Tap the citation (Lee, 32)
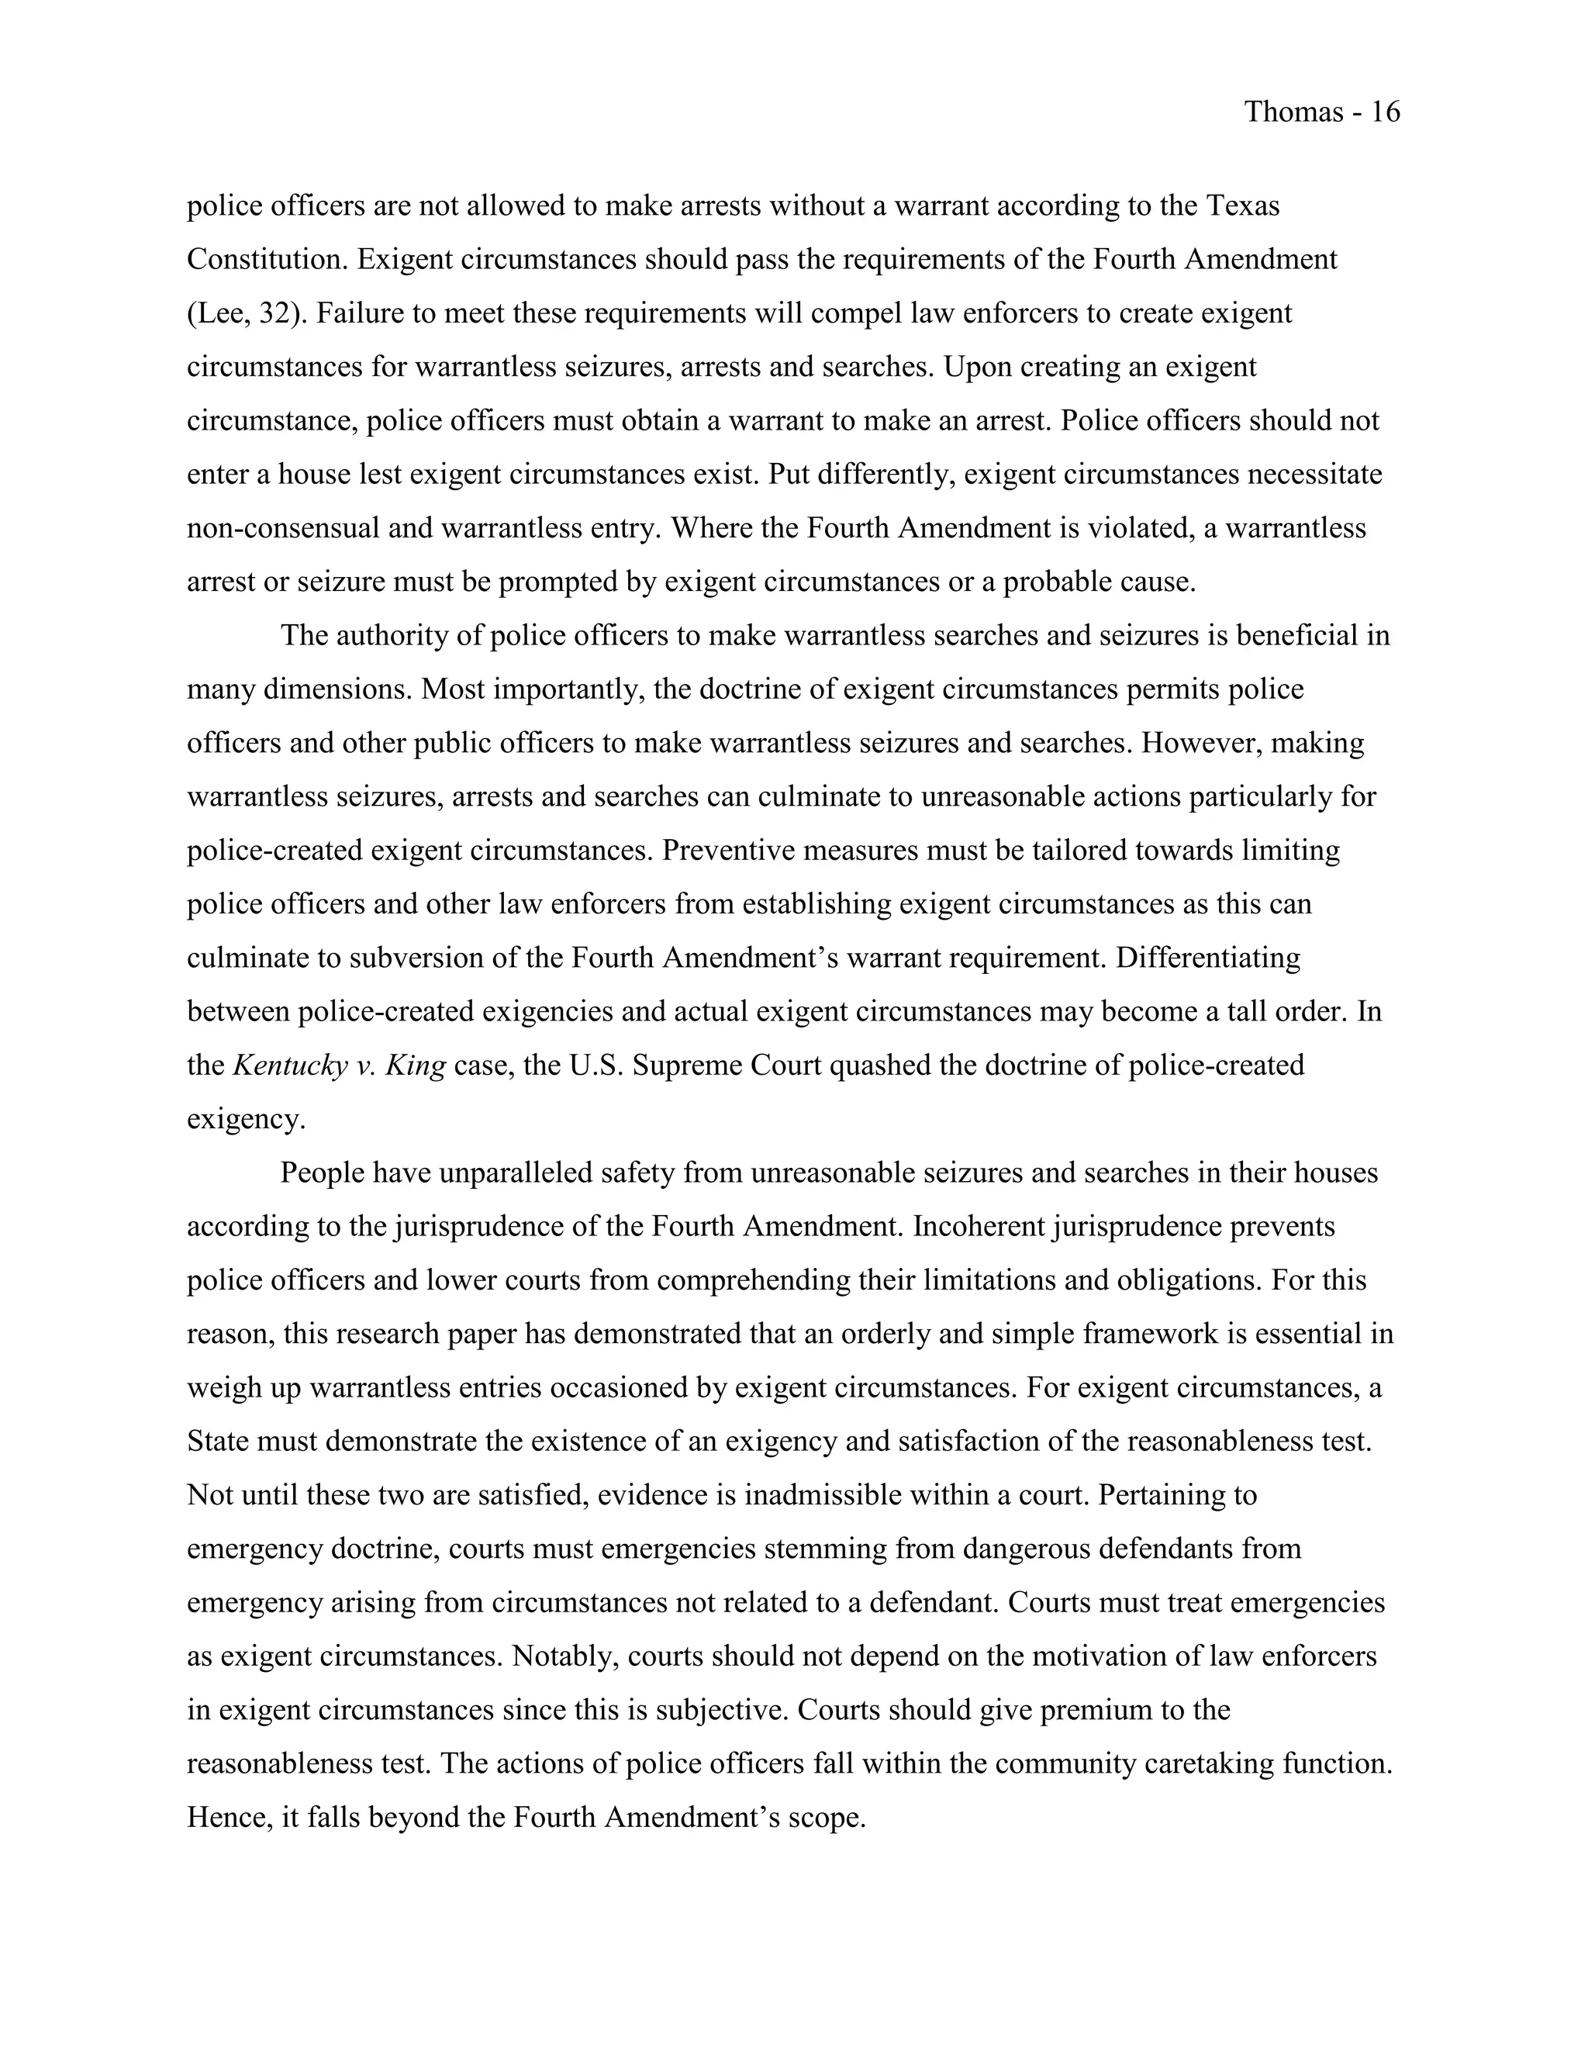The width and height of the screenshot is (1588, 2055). tap(247, 313)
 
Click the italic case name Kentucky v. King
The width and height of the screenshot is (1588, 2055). tap(339, 1065)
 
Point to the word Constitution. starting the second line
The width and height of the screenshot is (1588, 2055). tap(268, 259)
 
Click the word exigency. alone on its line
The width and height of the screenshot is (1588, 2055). tap(247, 1119)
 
